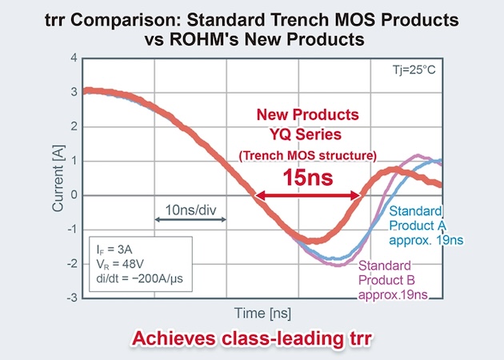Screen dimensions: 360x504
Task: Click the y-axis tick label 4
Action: click(x=73, y=58)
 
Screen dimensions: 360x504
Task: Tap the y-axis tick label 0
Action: click(x=73, y=195)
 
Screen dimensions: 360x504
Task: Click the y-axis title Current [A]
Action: click(x=57, y=178)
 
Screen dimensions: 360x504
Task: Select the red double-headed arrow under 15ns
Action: click(x=306, y=194)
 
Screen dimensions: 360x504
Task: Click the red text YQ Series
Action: click(x=306, y=133)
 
